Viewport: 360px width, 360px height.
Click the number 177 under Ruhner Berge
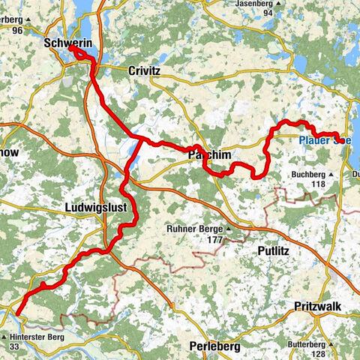tap(196, 240)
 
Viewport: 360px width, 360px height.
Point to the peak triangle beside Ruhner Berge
tap(227, 229)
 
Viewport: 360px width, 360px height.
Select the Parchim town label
tap(206, 154)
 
